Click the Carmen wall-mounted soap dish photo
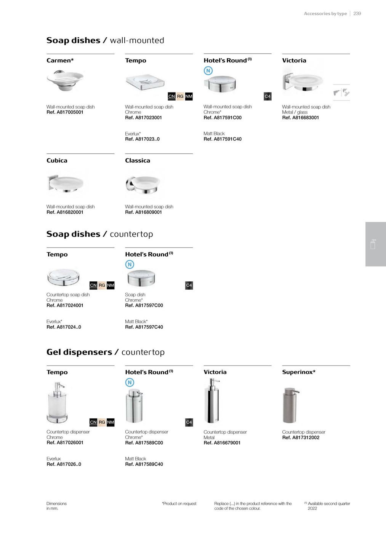click(65, 80)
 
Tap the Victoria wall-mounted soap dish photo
click(303, 80)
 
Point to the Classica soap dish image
click(143, 184)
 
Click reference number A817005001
click(65, 112)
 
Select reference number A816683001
click(300, 118)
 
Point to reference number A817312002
click(301, 437)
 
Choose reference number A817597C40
click(144, 327)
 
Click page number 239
click(357, 13)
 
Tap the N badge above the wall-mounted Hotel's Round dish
click(208, 70)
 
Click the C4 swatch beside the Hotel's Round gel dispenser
click(189, 422)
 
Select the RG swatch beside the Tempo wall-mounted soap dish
click(180, 96)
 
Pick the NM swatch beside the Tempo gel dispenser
click(111, 422)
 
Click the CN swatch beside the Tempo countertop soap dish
click(93, 285)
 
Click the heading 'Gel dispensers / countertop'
click(106, 352)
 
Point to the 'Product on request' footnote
click(179, 504)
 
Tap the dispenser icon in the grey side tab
click(373, 244)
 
